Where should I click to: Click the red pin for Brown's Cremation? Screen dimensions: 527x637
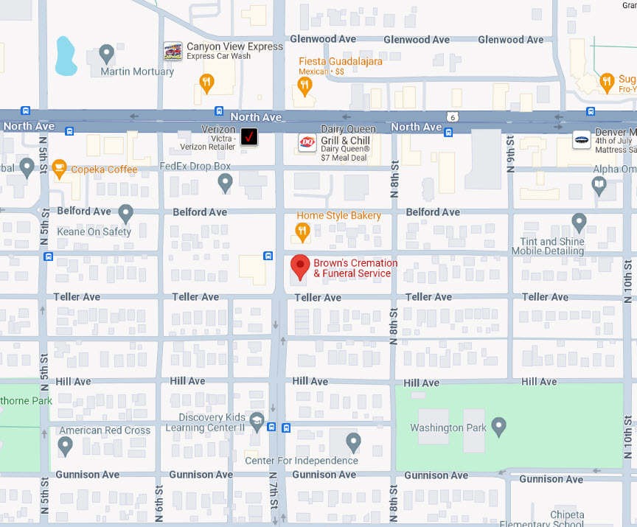click(299, 266)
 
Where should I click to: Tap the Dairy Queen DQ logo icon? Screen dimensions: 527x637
click(307, 142)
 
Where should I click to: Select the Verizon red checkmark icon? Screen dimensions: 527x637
click(249, 136)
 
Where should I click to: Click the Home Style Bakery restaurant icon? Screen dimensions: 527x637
click(302, 232)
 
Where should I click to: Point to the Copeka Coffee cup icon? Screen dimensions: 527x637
click(60, 169)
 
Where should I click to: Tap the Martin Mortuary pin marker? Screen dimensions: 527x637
click(107, 53)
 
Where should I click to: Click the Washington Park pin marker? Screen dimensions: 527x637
click(499, 425)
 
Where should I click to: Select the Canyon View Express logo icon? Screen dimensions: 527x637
click(173, 51)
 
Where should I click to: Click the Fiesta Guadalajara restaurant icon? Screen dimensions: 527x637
click(304, 86)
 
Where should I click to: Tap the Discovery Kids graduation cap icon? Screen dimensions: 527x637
click(257, 422)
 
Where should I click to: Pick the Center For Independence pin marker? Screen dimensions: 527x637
click(354, 442)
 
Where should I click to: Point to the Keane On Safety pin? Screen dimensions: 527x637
click(125, 213)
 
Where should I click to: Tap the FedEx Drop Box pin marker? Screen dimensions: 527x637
click(226, 182)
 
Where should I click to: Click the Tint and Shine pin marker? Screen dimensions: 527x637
click(579, 221)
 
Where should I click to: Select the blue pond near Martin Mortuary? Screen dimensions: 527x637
click(65, 57)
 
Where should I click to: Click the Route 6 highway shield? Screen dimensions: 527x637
click(450, 116)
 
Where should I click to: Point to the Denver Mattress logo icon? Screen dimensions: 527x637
click(582, 139)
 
